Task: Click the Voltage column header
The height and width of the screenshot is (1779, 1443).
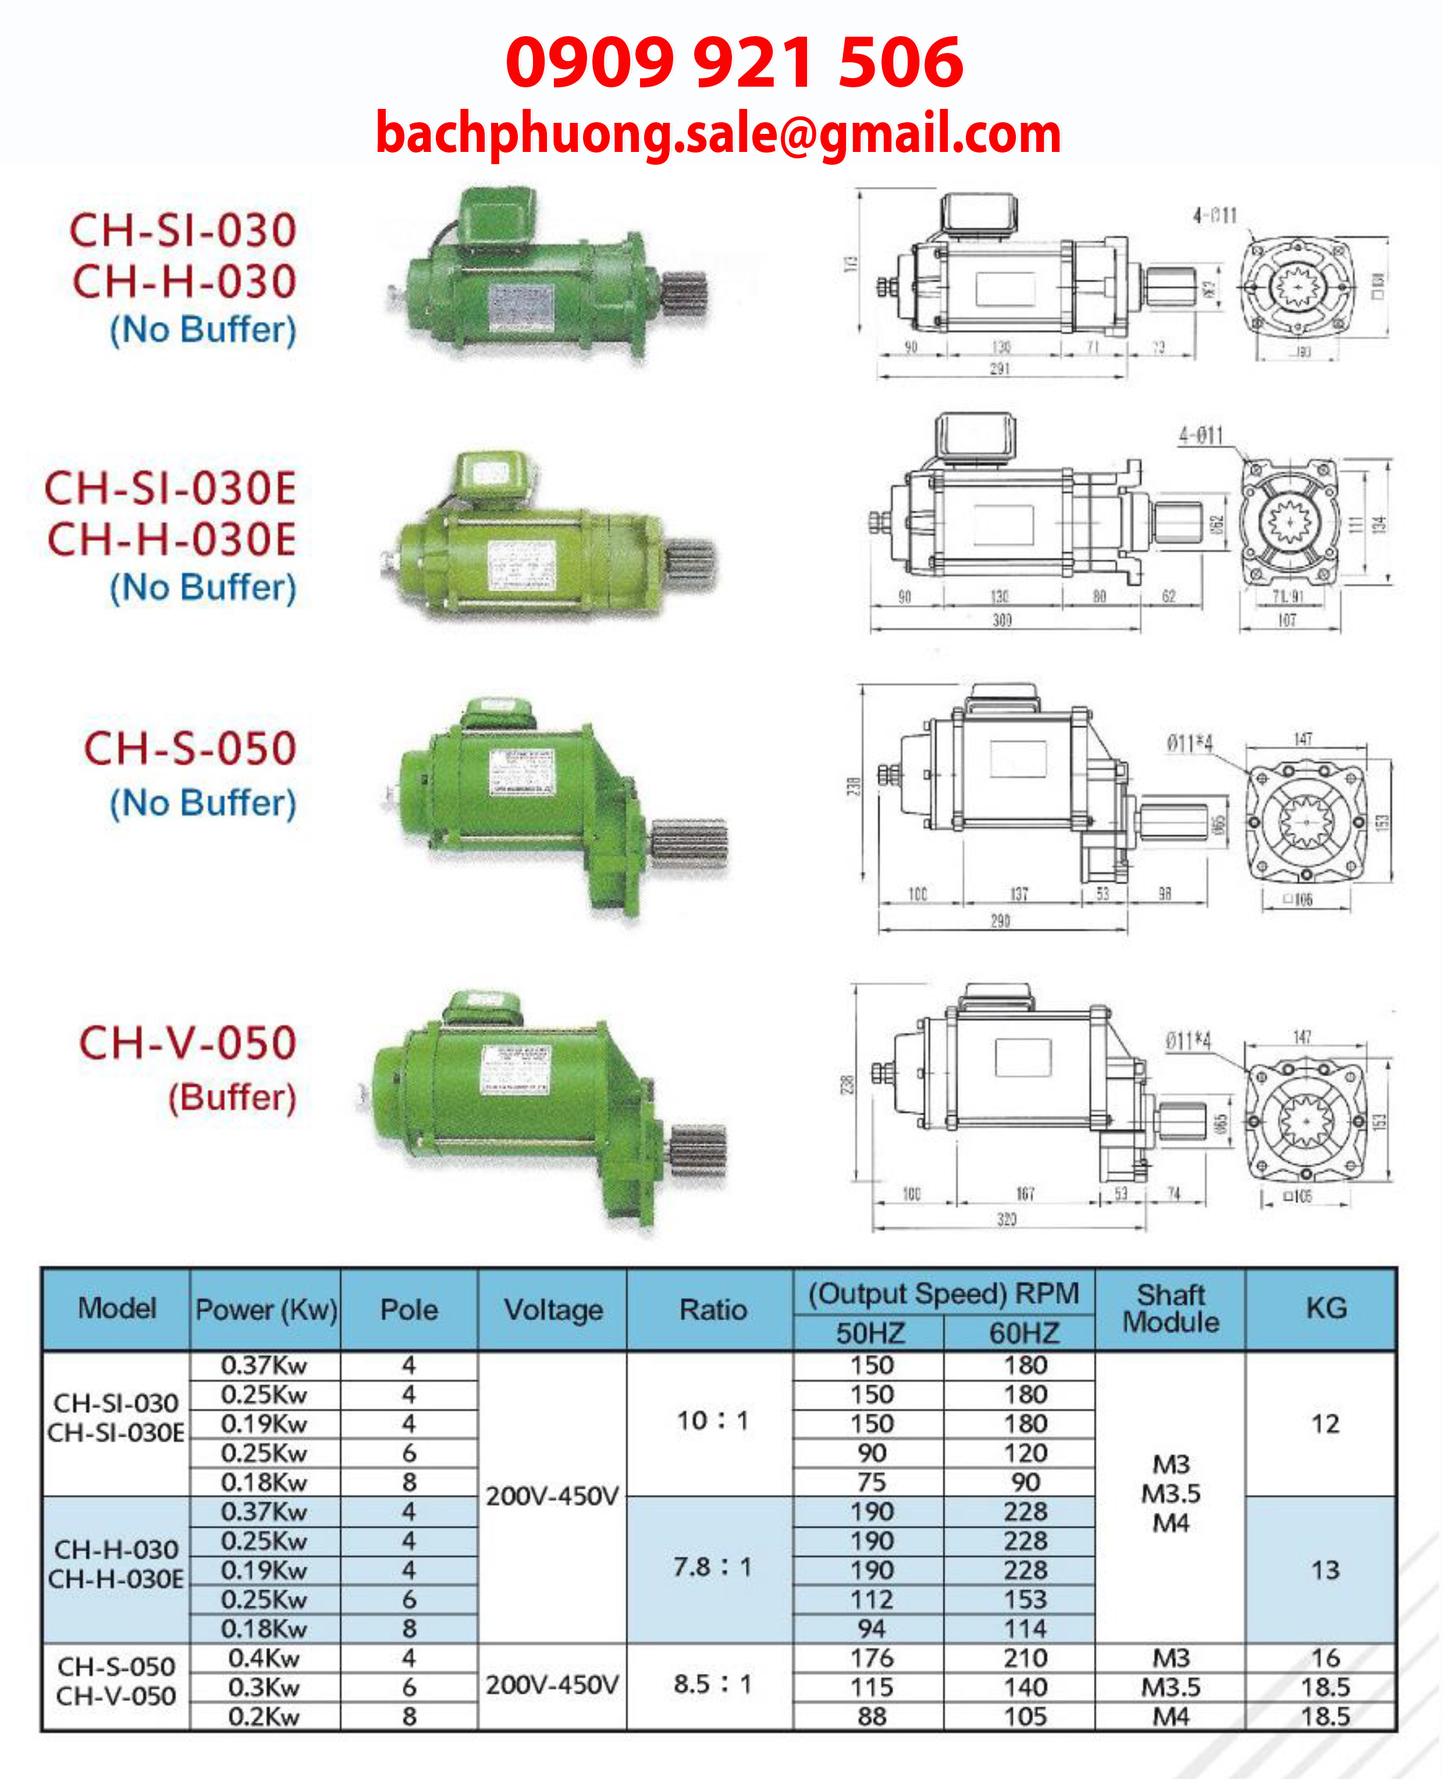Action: click(553, 1310)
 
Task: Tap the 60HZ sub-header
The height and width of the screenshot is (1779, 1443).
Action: click(1024, 1333)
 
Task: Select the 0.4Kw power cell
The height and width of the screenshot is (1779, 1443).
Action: click(264, 1658)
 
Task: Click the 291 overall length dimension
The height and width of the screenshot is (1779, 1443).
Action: click(1000, 368)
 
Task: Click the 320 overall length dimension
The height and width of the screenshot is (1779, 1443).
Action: click(1007, 1219)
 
